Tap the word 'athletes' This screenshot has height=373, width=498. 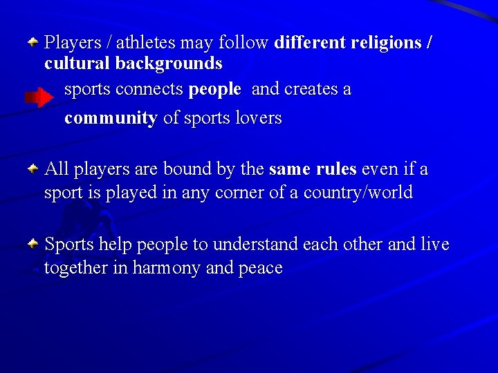(x=146, y=43)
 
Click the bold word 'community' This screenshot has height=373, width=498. (x=111, y=118)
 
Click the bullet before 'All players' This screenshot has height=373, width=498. (x=33, y=168)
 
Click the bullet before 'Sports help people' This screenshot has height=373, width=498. (x=33, y=244)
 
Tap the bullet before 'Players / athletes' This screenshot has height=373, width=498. (x=33, y=42)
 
